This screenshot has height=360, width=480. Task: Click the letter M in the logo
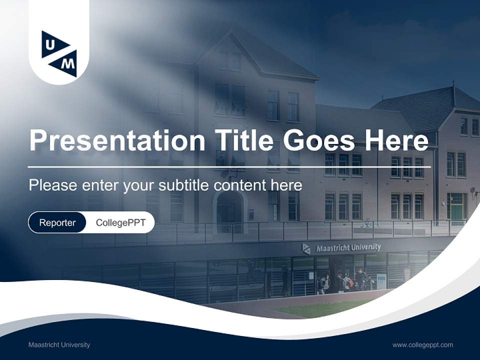[x=69, y=63]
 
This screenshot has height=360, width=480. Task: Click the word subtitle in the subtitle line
[x=183, y=185]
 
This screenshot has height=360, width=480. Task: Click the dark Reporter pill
[x=57, y=222]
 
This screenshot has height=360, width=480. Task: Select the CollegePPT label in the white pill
[x=120, y=222]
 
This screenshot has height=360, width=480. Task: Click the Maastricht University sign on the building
[x=348, y=247]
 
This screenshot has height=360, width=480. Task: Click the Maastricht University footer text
[x=59, y=344]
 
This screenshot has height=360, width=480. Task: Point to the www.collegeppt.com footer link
[x=422, y=344]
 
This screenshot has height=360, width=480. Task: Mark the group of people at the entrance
[x=345, y=281]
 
